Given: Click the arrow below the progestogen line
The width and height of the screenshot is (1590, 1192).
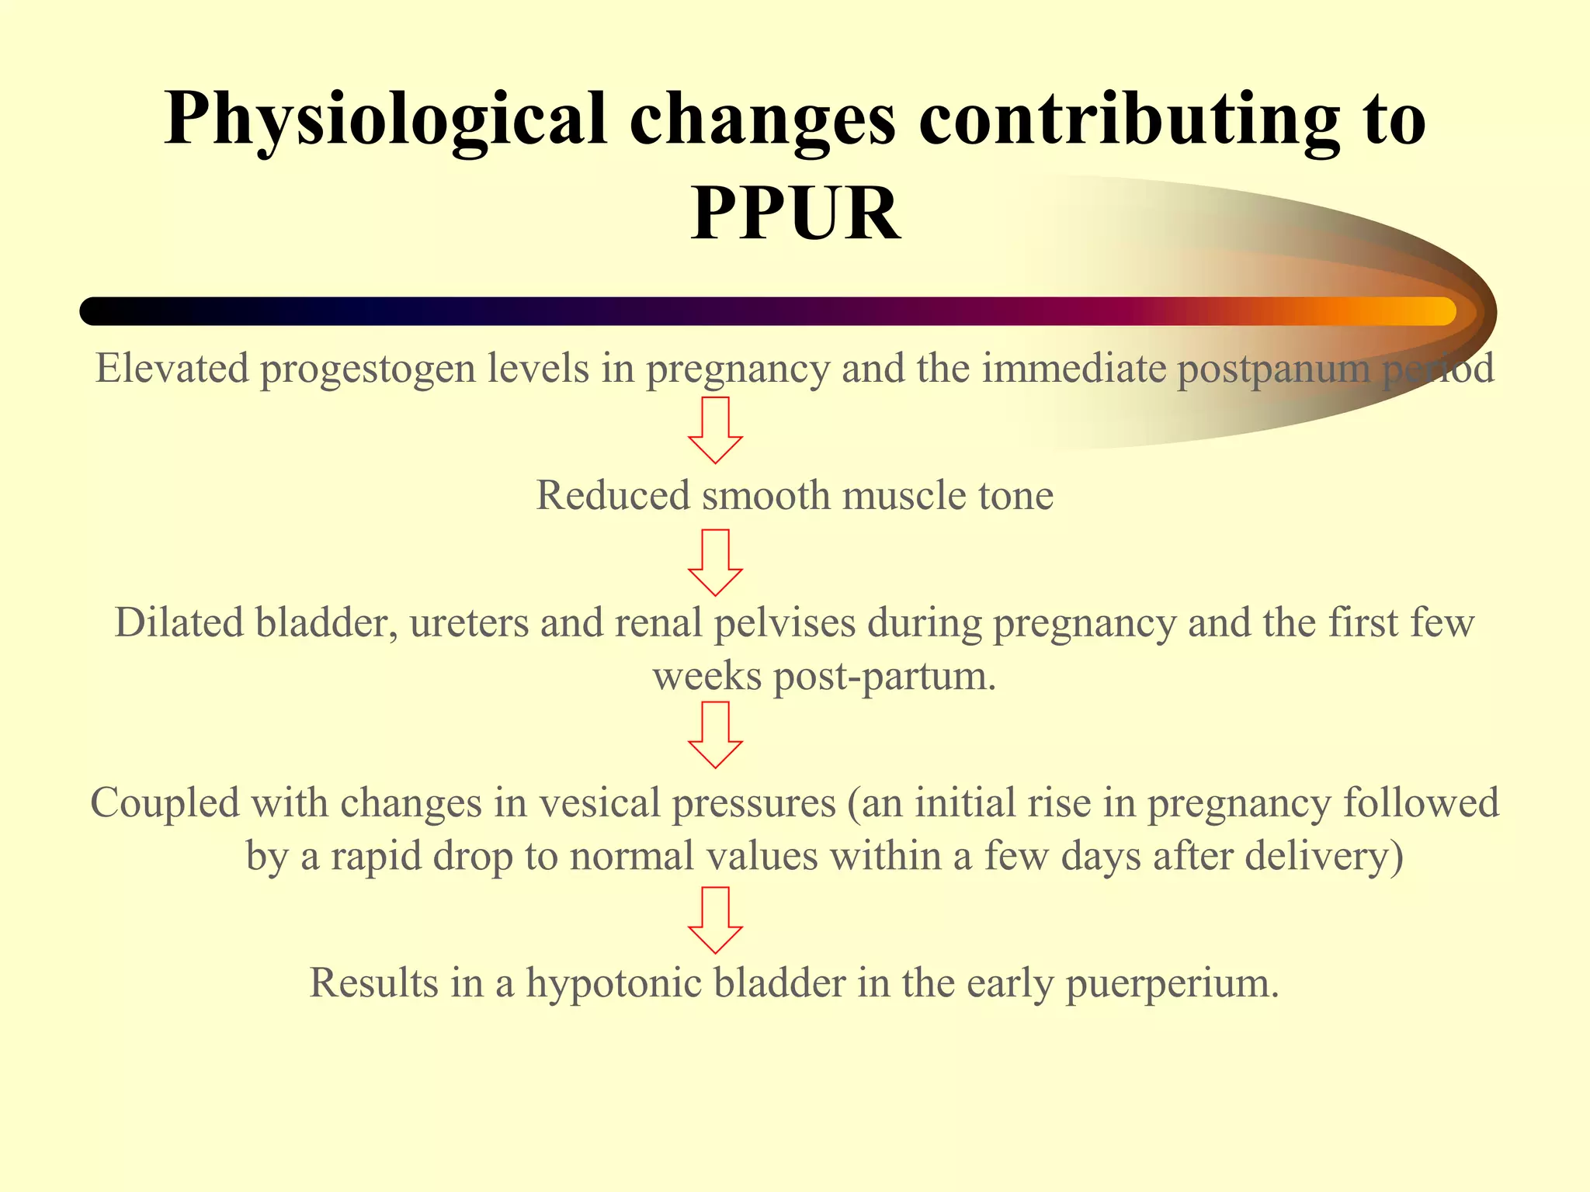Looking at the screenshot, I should point(715,430).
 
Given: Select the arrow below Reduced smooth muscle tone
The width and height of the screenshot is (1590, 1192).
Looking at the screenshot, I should point(715,563).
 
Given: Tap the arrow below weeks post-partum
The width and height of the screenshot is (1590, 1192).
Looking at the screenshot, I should point(715,735).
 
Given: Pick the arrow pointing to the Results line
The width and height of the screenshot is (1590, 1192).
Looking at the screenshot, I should point(715,920).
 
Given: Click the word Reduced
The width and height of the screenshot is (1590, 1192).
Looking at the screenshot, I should point(613,495).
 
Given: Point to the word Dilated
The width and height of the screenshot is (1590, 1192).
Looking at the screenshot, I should point(179,622).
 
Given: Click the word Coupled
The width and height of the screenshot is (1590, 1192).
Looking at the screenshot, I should point(165,802).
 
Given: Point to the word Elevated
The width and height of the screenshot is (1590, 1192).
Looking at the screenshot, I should point(172,368).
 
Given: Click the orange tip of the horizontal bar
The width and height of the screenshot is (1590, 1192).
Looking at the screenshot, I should point(1429,311).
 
